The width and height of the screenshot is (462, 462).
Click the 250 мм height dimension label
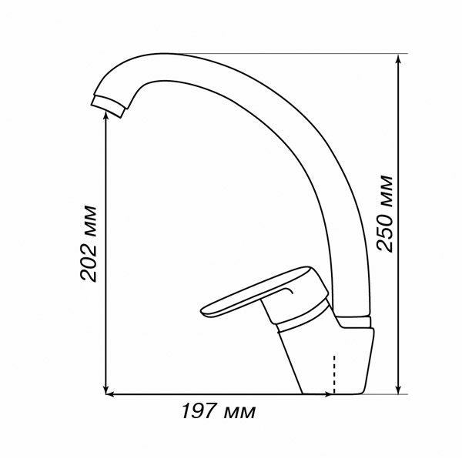tap(386, 214)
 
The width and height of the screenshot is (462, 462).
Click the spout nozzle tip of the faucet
tap(108, 106)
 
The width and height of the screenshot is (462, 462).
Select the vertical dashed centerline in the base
tap(334, 374)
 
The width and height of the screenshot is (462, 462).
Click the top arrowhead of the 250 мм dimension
tap(398, 59)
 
